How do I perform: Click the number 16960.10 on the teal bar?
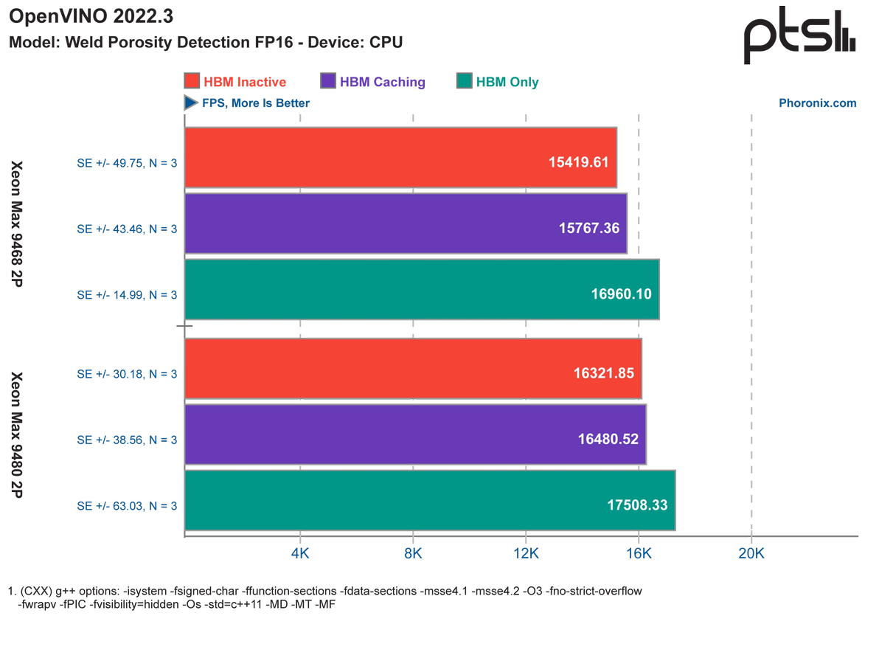621,294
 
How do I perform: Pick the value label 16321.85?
603,372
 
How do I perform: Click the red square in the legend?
192,81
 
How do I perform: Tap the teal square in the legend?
465,81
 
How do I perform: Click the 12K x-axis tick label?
525,552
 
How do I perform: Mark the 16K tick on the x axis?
638,552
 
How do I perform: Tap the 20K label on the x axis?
751,552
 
